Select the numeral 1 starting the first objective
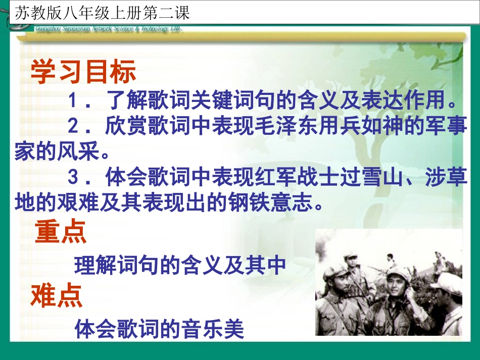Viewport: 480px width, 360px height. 74,101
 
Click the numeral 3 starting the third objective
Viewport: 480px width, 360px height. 74,178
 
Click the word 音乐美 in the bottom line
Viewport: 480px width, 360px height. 222,330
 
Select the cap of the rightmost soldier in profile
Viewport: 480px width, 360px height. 448,283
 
